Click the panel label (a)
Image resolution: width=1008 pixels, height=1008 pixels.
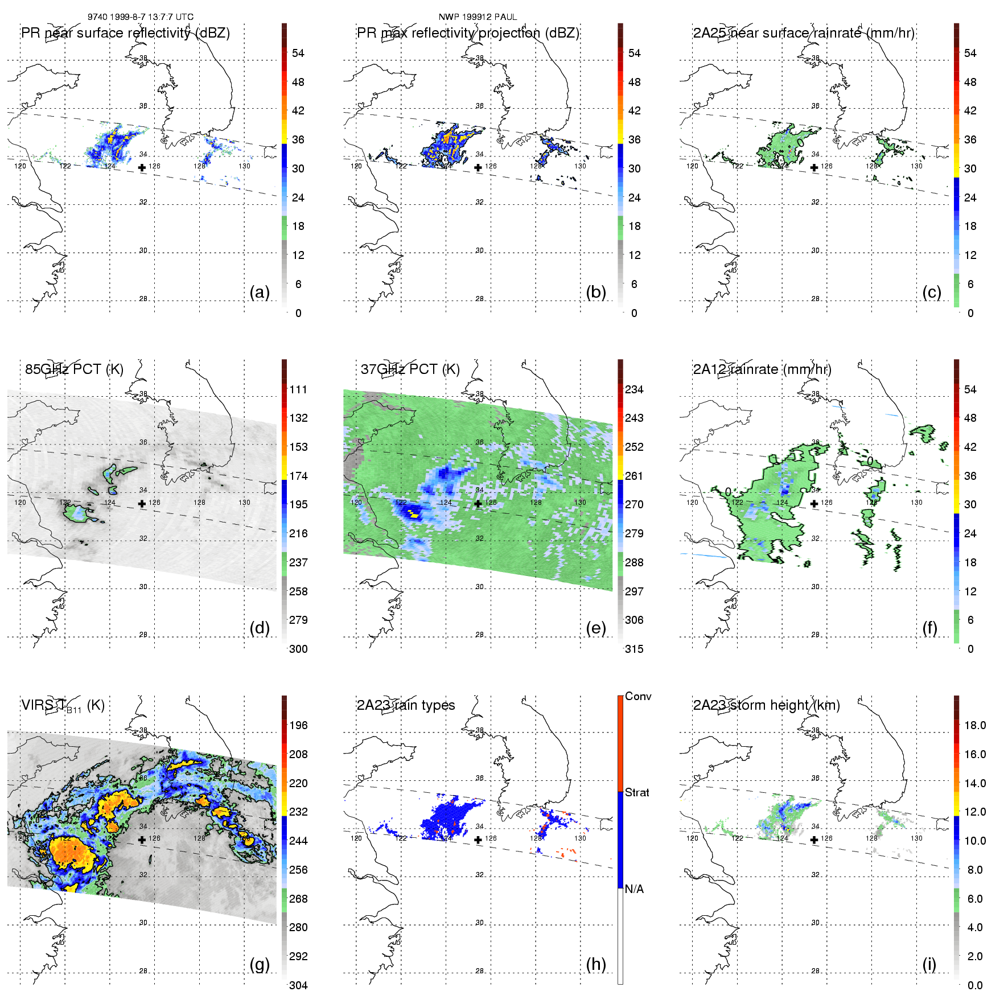pyautogui.click(x=260, y=293)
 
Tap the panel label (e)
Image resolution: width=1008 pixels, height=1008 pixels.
pyautogui.click(x=595, y=628)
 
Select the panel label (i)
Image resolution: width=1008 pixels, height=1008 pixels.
pyautogui.click(x=929, y=965)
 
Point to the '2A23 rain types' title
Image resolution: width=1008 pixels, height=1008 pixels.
pyautogui.click(x=406, y=705)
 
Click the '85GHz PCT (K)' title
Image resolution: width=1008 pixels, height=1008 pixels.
pyautogui.click(x=74, y=369)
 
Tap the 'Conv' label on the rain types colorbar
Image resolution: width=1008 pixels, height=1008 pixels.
pyautogui.click(x=638, y=696)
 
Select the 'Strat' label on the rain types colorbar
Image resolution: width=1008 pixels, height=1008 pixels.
pyautogui.click(x=637, y=792)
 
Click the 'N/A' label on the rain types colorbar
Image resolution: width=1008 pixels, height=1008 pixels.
pyautogui.click(x=634, y=889)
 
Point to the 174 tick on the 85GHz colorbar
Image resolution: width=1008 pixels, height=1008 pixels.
pyautogui.click(x=298, y=476)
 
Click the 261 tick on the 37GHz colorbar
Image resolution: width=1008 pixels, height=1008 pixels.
pyautogui.click(x=634, y=476)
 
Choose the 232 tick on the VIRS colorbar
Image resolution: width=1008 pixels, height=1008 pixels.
pyautogui.click(x=298, y=812)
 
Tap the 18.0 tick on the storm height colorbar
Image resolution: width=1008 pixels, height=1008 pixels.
pyautogui.click(x=975, y=725)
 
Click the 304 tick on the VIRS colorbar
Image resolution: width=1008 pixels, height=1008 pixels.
pyautogui.click(x=298, y=985)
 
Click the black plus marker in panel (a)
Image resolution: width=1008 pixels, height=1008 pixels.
pyautogui.click(x=142, y=167)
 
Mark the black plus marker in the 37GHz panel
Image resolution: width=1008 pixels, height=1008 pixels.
pyautogui.click(x=478, y=504)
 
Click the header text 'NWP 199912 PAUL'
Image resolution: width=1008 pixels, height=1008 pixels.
pyautogui.click(x=478, y=17)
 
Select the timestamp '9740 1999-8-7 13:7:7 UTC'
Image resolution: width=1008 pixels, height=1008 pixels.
pyautogui.click(x=141, y=17)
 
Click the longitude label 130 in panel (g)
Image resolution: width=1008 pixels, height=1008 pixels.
pyautogui.click(x=245, y=838)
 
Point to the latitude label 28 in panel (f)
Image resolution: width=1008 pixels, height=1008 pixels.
pyautogui.click(x=816, y=635)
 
